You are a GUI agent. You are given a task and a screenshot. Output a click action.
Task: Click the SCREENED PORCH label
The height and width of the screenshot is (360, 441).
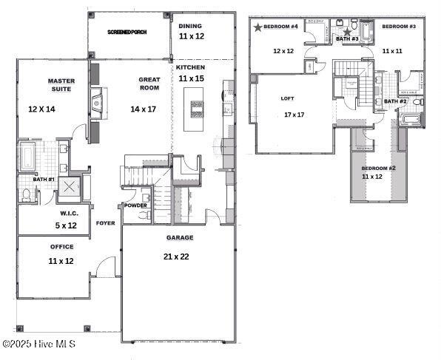click(x=129, y=33)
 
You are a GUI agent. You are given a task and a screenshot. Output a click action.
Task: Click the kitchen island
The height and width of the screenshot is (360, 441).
click(x=197, y=109)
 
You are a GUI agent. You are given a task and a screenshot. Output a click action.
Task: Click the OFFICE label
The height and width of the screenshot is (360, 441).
click(x=61, y=247)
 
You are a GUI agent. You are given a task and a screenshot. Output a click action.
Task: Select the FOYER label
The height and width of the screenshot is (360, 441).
click(x=105, y=223)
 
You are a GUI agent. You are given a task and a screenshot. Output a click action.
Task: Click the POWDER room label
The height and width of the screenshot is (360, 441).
click(x=135, y=206)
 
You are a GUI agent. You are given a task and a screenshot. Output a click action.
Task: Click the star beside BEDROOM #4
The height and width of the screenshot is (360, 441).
click(x=257, y=27)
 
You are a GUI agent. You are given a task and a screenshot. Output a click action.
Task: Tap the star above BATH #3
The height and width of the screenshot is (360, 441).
click(x=347, y=32)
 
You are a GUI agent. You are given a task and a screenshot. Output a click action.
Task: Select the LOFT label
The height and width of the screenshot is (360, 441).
click(x=287, y=98)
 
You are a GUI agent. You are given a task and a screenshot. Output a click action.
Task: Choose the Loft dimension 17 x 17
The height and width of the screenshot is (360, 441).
click(x=294, y=115)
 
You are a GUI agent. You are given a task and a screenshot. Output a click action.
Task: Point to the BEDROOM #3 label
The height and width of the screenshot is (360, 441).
click(x=398, y=26)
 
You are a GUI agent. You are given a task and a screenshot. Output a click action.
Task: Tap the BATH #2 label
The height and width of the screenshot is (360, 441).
click(x=395, y=101)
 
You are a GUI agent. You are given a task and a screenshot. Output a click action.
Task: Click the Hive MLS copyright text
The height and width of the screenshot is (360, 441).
click(x=38, y=344)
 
